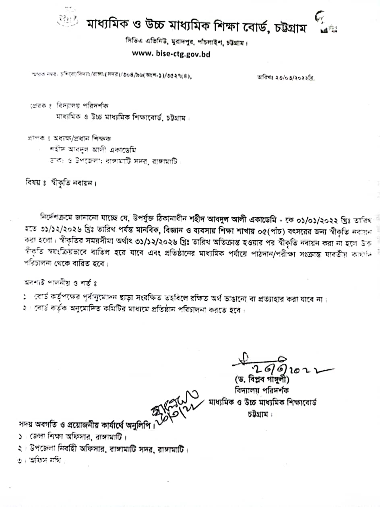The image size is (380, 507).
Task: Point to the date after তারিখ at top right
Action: tap(295, 77)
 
